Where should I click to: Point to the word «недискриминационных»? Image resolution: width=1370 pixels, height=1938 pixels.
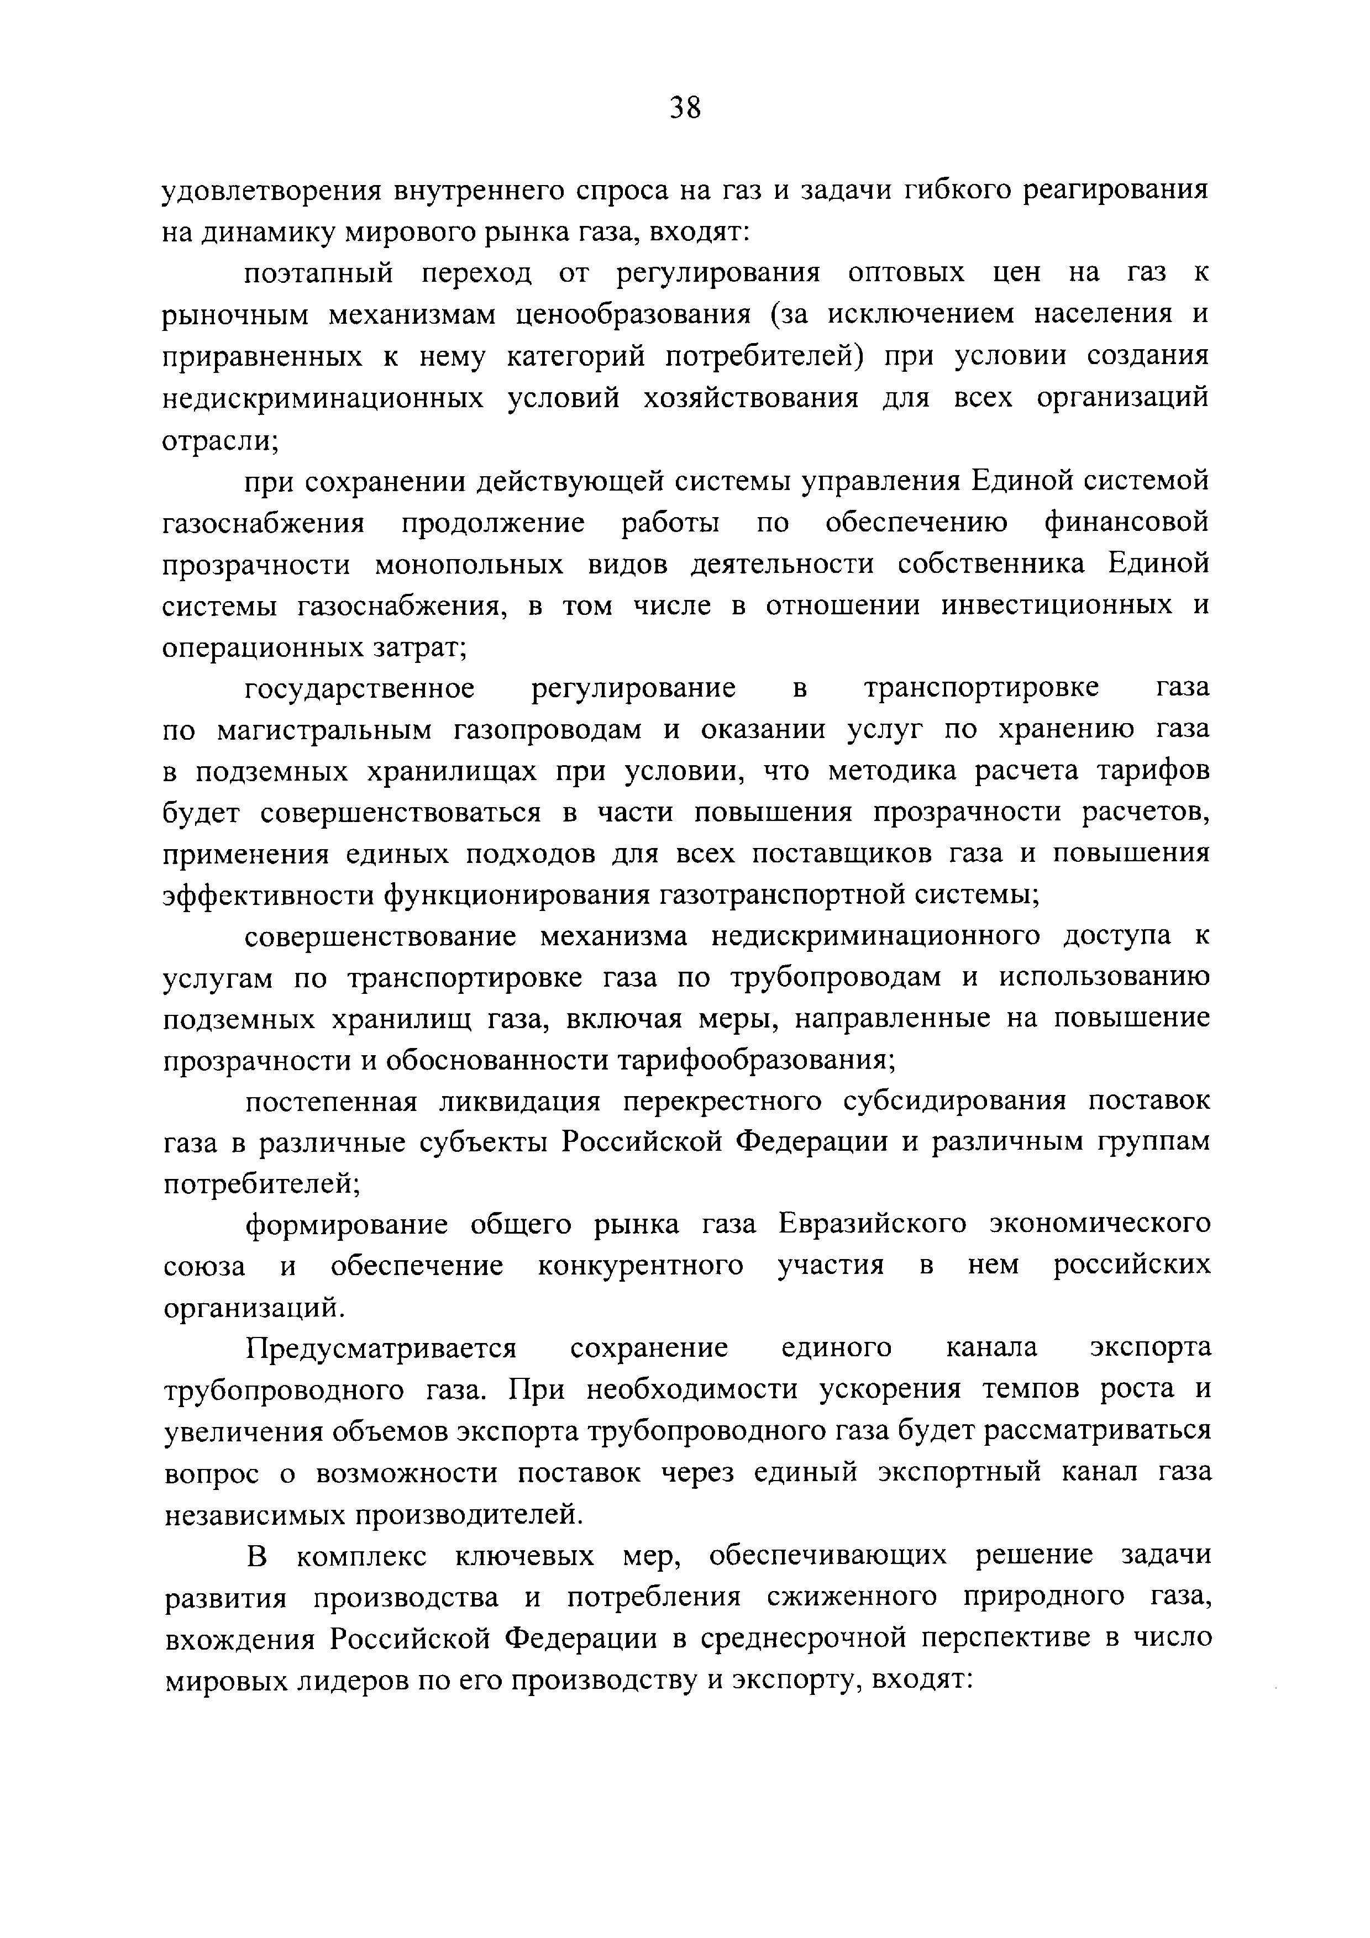coord(323,398)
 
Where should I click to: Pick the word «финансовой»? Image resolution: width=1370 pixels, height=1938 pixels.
coord(1126,523)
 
